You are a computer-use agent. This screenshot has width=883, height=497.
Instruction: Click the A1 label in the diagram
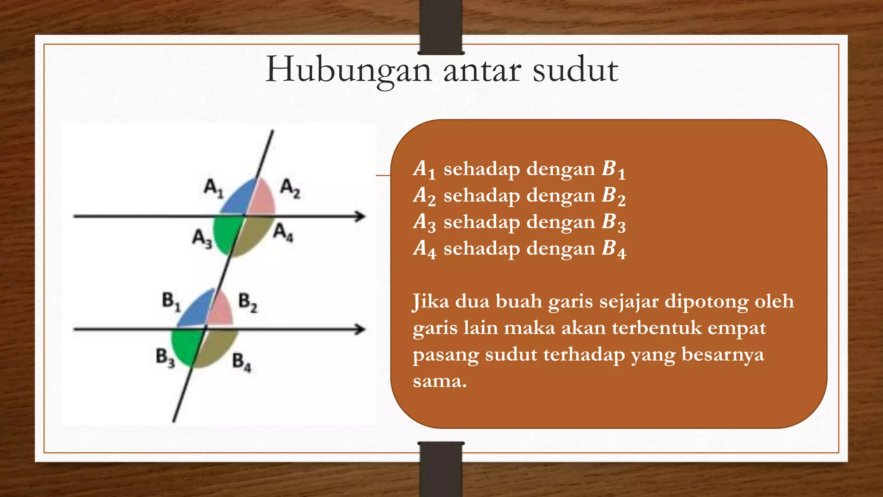[x=213, y=188]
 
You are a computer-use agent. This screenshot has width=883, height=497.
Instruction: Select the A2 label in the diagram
[x=290, y=189]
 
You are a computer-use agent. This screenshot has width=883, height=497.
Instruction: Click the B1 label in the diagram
[x=171, y=301]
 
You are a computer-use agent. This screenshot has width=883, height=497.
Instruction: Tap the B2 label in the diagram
[x=248, y=302]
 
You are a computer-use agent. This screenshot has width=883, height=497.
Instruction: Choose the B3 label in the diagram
[x=165, y=358]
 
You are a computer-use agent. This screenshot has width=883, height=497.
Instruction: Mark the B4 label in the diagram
[x=241, y=362]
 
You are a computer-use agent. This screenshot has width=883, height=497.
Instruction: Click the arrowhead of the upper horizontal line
[x=360, y=216]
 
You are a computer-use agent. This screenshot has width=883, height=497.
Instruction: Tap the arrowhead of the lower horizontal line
[x=360, y=330]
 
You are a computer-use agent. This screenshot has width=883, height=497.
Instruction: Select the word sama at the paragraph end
[x=439, y=381]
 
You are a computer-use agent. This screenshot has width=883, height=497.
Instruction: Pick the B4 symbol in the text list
[x=614, y=249]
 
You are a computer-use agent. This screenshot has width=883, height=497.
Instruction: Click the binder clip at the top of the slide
[x=441, y=27]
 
